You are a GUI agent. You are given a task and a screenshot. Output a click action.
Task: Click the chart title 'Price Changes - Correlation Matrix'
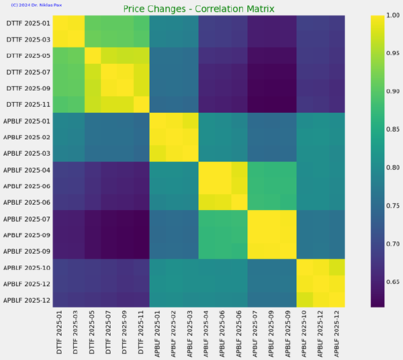click(199, 9)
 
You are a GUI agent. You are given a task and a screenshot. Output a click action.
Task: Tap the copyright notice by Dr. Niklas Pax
click(36, 5)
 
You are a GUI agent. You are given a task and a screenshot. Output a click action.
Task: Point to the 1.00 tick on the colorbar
click(393, 15)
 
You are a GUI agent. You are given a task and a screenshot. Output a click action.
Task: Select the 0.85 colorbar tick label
click(393, 129)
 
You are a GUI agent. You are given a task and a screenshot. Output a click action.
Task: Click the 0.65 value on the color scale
click(393, 282)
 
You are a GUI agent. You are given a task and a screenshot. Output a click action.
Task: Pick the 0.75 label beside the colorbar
click(393, 206)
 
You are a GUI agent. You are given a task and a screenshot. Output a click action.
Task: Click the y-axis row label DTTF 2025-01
click(28, 24)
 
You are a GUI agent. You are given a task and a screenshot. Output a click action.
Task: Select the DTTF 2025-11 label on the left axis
click(28, 105)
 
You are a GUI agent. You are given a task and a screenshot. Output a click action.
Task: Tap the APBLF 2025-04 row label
click(27, 170)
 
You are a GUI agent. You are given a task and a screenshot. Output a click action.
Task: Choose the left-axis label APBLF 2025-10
click(27, 268)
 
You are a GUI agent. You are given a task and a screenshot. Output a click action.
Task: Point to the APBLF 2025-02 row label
click(27, 137)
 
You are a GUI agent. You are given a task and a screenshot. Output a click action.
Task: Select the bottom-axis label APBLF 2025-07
click(255, 334)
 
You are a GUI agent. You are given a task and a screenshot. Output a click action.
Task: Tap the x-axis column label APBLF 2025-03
click(189, 334)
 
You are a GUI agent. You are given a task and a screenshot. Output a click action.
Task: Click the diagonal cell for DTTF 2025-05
click(93, 56)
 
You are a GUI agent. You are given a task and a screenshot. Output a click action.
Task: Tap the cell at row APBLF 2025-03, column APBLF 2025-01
click(158, 153)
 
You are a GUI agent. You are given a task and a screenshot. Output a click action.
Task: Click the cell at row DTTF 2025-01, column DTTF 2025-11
click(142, 24)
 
